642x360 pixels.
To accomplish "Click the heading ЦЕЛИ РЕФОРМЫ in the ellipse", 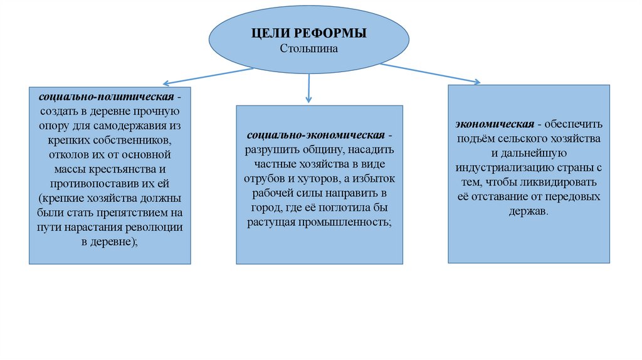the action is click(308, 34).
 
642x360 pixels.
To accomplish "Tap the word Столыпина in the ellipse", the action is click(308, 49).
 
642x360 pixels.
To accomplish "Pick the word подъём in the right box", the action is click(478, 138).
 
